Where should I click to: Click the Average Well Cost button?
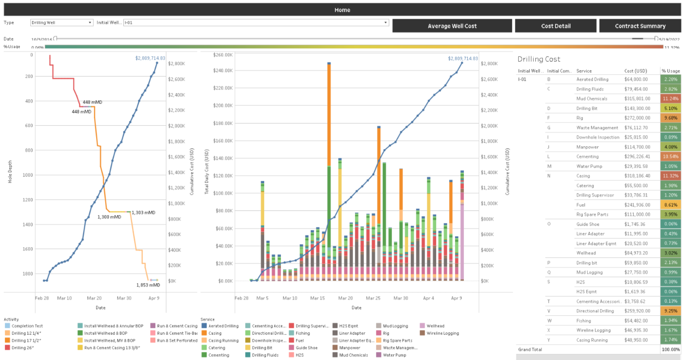click(452, 26)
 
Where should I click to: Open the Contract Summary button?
click(640, 26)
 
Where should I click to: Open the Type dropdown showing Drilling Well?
click(61, 22)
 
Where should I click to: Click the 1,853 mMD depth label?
click(148, 285)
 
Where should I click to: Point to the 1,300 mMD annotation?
click(109, 217)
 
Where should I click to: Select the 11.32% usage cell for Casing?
click(670, 176)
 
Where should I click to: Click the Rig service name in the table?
click(580, 118)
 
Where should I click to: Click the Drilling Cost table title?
click(538, 59)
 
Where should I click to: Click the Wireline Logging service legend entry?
click(443, 333)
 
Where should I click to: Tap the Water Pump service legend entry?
click(394, 355)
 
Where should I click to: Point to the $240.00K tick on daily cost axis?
click(222, 71)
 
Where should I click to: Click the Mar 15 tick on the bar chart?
click(317, 298)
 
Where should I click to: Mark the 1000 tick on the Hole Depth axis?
click(28, 175)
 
